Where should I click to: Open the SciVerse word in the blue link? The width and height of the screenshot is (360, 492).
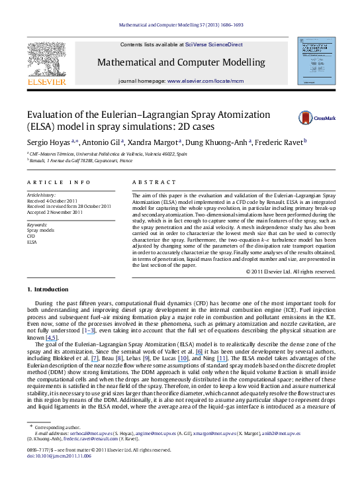(197, 45)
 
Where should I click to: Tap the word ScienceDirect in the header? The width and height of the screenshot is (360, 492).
(226, 45)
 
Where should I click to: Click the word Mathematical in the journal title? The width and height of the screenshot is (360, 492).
(128, 63)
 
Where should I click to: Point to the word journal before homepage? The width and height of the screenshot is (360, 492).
(130, 80)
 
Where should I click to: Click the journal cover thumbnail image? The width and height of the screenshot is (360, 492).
(316, 61)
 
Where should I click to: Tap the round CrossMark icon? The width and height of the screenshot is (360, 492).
(305, 118)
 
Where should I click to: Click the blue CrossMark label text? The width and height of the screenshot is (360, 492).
(324, 119)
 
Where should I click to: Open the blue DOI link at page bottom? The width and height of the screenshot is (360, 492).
(58, 456)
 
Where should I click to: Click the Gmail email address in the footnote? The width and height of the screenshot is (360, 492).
(91, 439)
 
